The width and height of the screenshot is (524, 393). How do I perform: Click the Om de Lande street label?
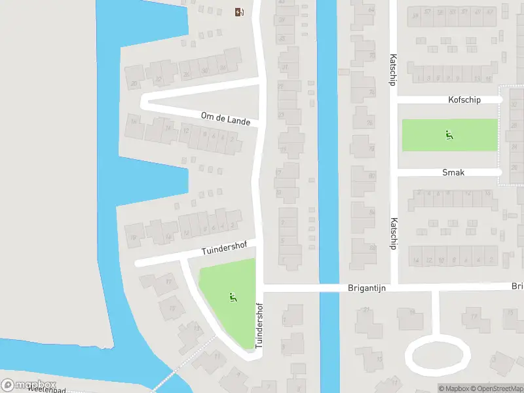point(225,118)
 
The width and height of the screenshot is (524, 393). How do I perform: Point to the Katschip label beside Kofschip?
point(394,71)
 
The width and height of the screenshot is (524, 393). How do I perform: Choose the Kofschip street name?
point(464,100)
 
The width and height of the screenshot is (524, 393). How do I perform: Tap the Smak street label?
point(453,172)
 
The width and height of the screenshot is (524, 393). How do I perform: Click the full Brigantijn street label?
point(369,288)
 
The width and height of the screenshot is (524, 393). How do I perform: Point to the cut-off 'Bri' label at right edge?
point(517,286)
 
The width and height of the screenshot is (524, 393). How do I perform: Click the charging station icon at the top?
point(240,12)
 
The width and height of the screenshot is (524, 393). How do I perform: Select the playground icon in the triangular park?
point(232,297)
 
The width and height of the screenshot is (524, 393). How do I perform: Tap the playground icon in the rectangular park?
point(449,136)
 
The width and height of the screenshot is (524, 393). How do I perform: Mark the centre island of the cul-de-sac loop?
point(438,356)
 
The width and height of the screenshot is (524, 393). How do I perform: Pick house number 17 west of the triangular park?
point(168,283)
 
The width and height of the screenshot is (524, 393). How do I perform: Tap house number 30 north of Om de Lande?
point(204,70)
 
